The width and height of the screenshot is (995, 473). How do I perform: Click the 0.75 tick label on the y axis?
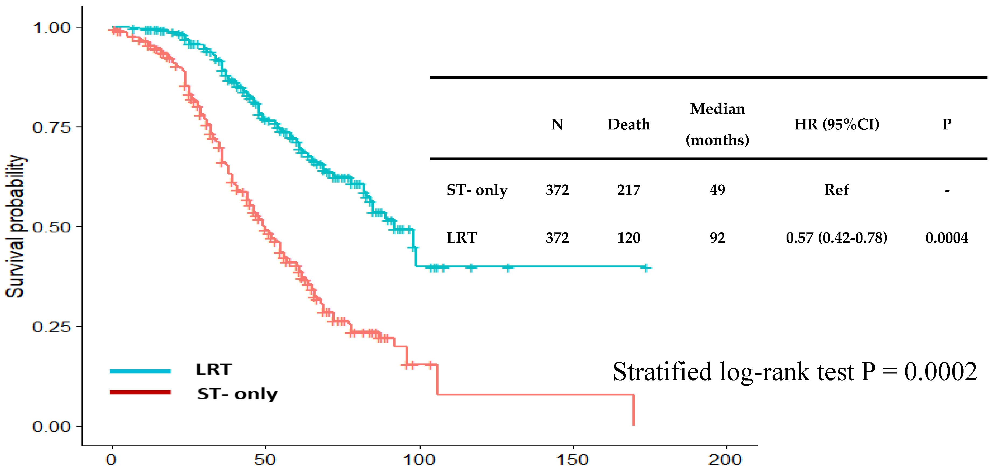point(51,127)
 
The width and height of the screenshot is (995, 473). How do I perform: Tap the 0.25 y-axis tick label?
point(51,327)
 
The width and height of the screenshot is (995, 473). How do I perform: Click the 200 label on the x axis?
point(725,460)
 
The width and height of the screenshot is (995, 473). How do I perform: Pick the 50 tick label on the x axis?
point(265,460)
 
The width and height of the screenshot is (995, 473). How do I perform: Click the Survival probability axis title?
point(15,226)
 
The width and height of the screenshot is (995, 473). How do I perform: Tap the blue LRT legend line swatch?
point(140,371)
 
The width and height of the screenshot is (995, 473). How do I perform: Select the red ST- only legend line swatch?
point(140,392)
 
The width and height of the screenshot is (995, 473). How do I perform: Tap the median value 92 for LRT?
point(717,238)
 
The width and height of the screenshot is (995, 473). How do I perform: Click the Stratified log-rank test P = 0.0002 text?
point(795,372)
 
